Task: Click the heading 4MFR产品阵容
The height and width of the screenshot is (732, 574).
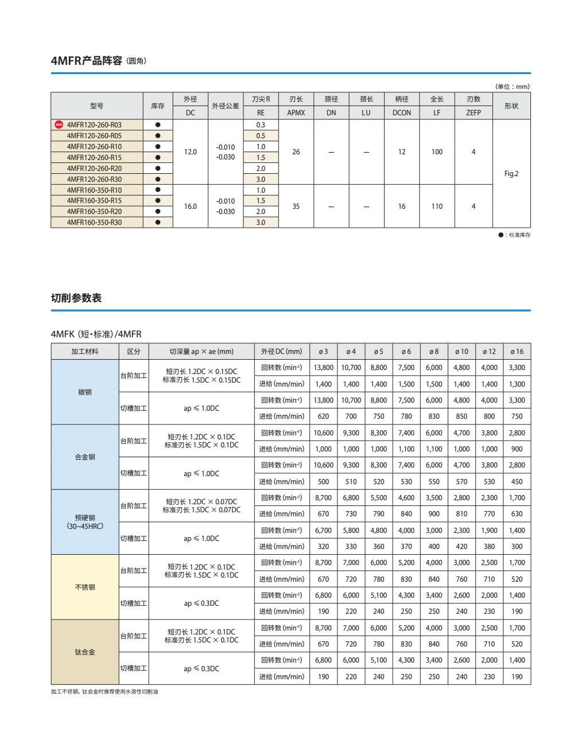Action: (x=86, y=61)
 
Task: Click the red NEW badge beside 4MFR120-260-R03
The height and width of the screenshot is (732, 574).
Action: (x=59, y=124)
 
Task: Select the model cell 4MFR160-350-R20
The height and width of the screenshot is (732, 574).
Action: (x=94, y=212)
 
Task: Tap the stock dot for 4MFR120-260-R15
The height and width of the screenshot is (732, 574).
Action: (x=158, y=157)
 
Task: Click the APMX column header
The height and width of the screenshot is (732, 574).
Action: (x=296, y=113)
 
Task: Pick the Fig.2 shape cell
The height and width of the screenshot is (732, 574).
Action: (x=511, y=174)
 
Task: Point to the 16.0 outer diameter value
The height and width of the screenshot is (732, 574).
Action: (x=190, y=207)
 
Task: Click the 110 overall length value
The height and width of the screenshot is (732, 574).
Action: (x=437, y=207)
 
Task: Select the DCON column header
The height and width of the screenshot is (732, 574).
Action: (x=402, y=113)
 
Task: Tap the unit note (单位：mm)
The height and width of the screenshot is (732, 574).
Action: (x=512, y=87)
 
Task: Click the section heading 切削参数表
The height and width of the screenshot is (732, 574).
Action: (x=76, y=298)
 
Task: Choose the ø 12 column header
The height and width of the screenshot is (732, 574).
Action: (x=489, y=352)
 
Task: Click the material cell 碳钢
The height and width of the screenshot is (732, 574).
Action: (x=85, y=392)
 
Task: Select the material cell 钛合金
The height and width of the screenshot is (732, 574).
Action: (x=85, y=652)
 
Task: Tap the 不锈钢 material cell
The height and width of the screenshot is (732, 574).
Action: (x=85, y=587)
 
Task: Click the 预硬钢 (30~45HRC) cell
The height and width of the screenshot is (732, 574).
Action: (x=85, y=522)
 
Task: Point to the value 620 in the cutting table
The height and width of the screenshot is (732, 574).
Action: (x=323, y=416)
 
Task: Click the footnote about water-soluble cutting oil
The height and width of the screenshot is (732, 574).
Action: (x=104, y=692)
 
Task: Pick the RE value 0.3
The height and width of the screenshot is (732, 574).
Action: (x=261, y=125)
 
